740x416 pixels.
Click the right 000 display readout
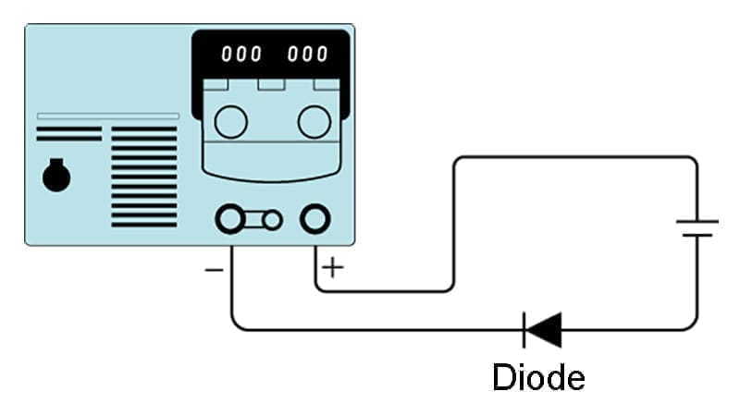(x=308, y=55)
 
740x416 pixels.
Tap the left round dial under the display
(x=230, y=121)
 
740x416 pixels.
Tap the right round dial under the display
(x=314, y=121)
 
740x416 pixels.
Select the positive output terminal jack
(x=314, y=219)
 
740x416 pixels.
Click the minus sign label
(x=213, y=270)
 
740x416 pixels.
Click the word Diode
(x=538, y=377)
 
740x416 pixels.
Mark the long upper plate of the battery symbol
(x=697, y=222)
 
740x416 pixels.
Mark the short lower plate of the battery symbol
(x=697, y=236)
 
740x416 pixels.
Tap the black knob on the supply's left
(x=56, y=176)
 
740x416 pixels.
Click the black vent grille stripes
(x=143, y=176)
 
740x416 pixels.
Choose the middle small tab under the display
(x=271, y=84)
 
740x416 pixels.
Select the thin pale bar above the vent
(x=107, y=116)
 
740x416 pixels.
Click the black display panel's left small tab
(x=216, y=84)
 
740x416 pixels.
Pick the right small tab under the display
(x=326, y=84)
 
